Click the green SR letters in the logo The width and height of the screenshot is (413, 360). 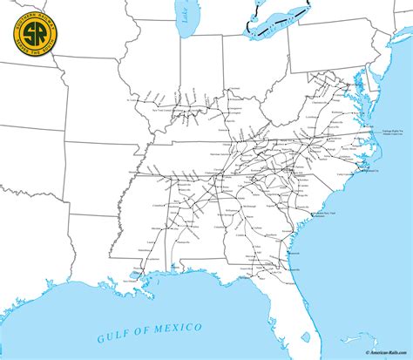coord(30,34)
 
